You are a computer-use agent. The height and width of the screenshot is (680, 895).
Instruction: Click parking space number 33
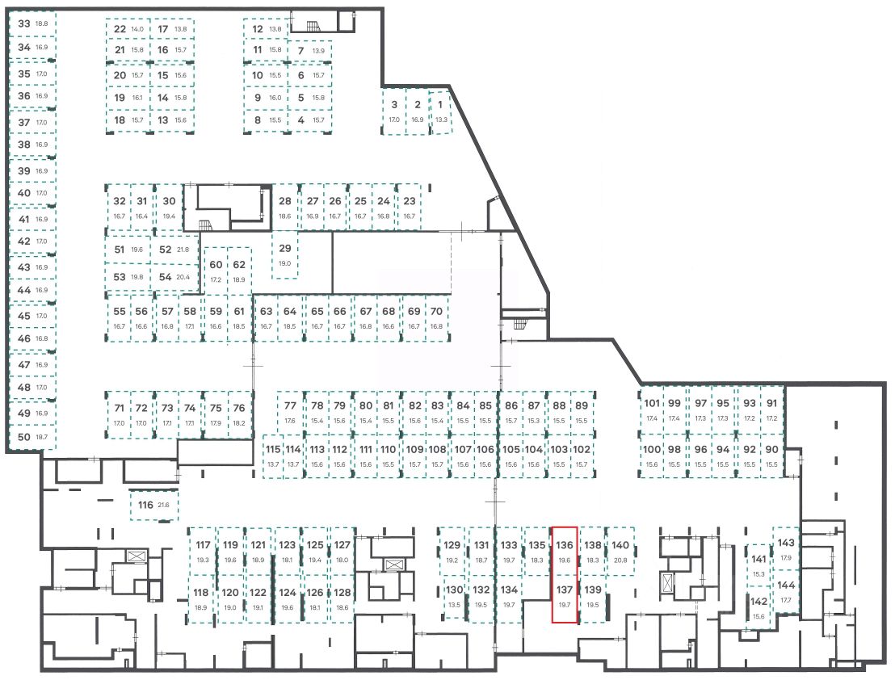pos(32,24)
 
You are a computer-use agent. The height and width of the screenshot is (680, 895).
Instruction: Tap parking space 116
pos(153,506)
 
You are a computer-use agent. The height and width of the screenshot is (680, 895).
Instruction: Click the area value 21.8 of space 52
pos(184,250)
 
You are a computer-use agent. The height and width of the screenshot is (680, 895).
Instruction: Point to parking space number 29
pos(284,255)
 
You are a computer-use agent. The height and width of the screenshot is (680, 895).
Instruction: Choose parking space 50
pos(32,437)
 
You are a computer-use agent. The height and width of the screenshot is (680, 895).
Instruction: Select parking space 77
pos(290,413)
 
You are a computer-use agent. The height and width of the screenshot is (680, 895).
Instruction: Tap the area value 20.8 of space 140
pos(620,560)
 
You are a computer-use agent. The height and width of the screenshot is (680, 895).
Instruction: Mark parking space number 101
pos(652,410)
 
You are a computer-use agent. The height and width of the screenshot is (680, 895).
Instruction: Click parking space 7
pos(309,51)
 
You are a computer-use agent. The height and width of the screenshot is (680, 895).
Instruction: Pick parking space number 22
pos(128,29)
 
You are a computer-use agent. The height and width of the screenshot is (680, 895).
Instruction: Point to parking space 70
pos(436,318)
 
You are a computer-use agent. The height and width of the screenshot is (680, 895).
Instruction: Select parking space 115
pos(273,456)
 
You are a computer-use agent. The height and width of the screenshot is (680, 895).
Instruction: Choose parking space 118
pos(202,599)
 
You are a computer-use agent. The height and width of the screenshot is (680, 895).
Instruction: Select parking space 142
pos(758,607)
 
